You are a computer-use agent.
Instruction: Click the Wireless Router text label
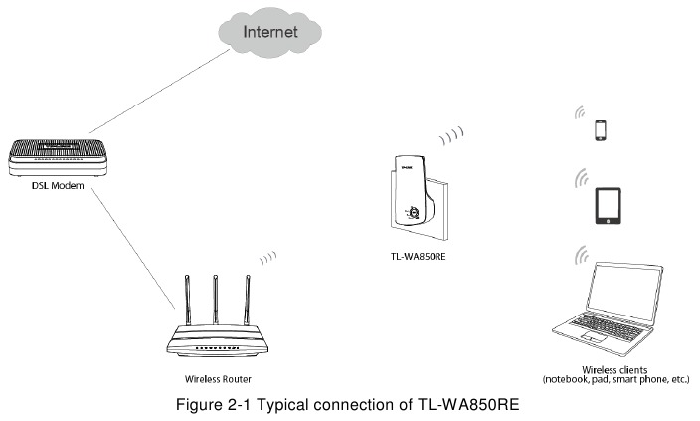pyautogui.click(x=218, y=379)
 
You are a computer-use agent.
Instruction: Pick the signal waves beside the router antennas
pyautogui.click(x=267, y=258)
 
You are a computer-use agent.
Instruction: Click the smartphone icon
pyautogui.click(x=600, y=130)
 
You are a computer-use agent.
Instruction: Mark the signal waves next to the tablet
pyautogui.click(x=576, y=180)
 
